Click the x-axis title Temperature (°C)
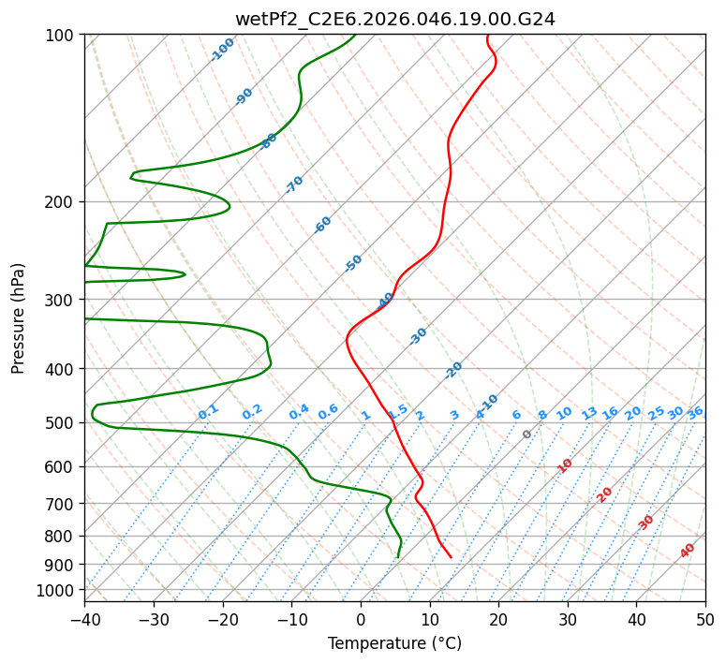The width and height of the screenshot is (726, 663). click(x=394, y=643)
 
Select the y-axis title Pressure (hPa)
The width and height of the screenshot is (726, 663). click(x=18, y=317)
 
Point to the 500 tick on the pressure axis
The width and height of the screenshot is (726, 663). click(x=62, y=422)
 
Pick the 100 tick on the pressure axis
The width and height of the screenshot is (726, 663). click(x=62, y=35)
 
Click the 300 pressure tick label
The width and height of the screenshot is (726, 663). click(x=62, y=300)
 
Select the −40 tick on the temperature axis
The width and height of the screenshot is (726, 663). click(x=84, y=619)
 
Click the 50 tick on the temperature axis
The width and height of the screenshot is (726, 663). click(x=705, y=619)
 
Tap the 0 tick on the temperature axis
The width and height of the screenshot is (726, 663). click(x=361, y=619)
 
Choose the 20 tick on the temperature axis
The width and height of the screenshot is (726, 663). click(x=498, y=619)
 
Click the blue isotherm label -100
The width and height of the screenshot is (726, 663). click(x=222, y=50)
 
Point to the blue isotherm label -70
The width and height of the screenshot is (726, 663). click(x=294, y=184)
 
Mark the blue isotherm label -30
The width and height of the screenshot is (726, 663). click(x=418, y=335)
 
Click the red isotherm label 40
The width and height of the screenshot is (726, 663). click(x=688, y=551)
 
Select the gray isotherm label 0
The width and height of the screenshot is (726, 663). click(x=527, y=435)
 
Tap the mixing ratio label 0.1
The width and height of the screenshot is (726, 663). click(x=208, y=412)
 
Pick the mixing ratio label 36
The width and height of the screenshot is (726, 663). click(x=695, y=413)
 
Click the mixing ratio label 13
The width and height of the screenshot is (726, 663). click(x=589, y=413)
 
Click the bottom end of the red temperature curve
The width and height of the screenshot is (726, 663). click(x=451, y=557)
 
